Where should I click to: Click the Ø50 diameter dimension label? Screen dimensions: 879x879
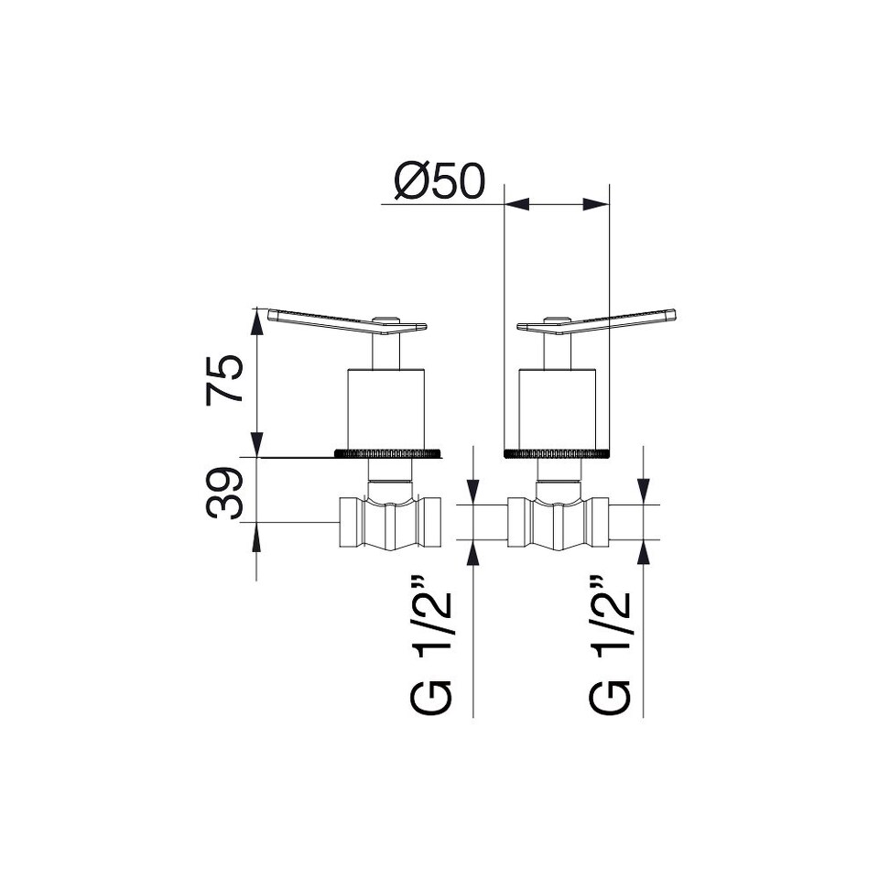[439, 181]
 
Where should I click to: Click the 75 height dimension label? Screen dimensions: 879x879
[224, 380]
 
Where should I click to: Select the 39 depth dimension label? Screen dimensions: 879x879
[224, 494]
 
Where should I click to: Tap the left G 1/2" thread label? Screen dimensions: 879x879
[430, 645]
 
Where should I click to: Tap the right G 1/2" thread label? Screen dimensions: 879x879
[610, 645]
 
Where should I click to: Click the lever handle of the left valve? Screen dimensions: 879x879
[347, 321]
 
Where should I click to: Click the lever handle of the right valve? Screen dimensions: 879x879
[596, 321]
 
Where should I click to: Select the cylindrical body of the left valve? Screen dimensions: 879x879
[386, 409]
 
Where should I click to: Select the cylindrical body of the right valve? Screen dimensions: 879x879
[558, 409]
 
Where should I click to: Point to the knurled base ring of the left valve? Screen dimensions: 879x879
[387, 453]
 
